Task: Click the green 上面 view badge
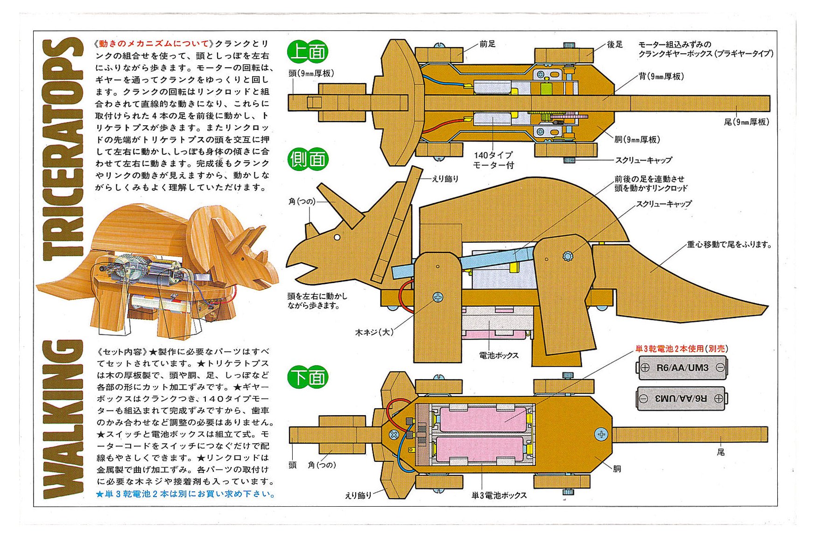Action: pos(308,51)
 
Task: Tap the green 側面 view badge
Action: pos(308,159)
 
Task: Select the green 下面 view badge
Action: pos(308,377)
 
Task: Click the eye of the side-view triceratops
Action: pos(337,237)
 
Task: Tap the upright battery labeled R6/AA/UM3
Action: pos(682,368)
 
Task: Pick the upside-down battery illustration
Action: pos(682,398)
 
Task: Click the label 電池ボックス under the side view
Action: pos(499,355)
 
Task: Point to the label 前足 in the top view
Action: pos(487,44)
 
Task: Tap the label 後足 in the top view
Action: pos(615,44)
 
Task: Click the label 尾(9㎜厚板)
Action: pos(746,122)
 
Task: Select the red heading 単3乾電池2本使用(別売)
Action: pos(681,348)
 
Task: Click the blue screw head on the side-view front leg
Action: pos(438,297)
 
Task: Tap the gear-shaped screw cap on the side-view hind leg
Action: pos(567,256)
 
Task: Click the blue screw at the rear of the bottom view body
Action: pos(601,434)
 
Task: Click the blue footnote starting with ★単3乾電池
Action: pos(186,494)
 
